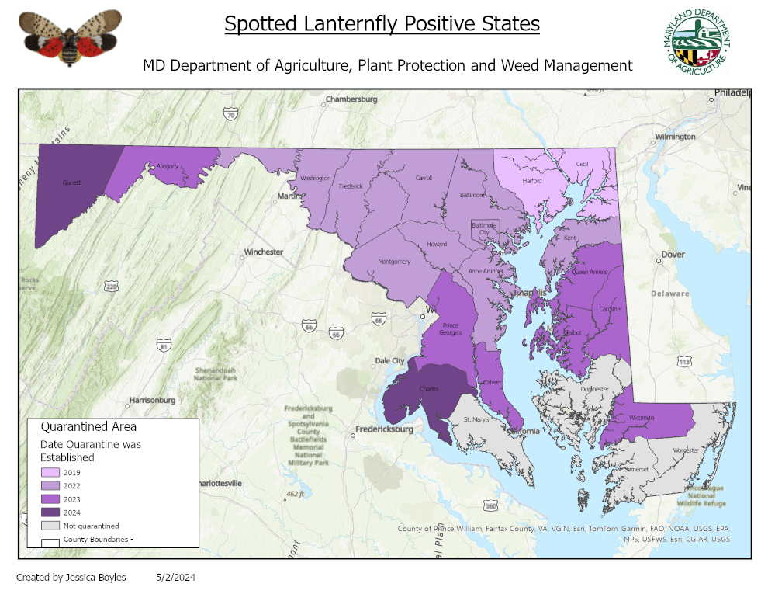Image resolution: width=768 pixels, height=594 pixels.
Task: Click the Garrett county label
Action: pos(71,183)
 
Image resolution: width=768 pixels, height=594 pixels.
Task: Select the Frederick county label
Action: pos(351,186)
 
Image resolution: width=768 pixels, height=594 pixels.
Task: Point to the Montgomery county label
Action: pos(394,262)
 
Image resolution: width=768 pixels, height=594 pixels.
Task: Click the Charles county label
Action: pos(429,389)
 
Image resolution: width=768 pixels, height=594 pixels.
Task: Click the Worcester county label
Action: pos(686,450)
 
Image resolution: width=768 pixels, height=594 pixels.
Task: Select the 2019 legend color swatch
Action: pos(50,473)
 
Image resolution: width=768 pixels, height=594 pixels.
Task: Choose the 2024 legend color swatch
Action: pos(50,512)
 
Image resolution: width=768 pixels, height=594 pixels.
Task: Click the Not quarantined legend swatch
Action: pos(50,526)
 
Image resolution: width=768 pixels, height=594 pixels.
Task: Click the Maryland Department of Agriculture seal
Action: pos(697,43)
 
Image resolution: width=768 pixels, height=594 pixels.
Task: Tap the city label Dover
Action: pos(672,255)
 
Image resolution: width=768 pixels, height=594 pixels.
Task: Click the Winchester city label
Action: pos(263,252)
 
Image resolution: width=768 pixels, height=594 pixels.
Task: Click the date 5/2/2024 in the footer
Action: pos(175,577)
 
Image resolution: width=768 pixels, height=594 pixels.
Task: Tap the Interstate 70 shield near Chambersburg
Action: pos(230,114)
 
